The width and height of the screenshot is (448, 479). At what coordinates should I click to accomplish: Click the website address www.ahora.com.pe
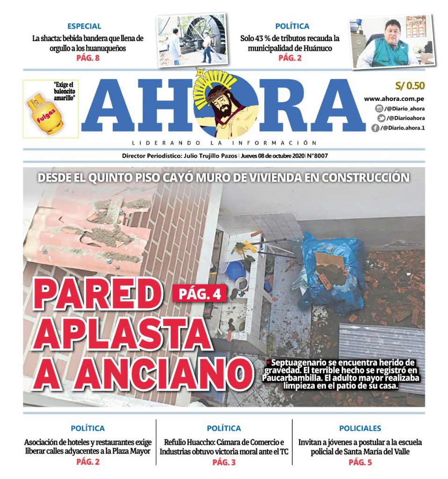tap(394, 99)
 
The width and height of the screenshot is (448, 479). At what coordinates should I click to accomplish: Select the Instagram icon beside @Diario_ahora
tap(379, 109)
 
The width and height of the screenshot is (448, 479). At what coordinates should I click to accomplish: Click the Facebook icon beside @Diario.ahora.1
tap(375, 128)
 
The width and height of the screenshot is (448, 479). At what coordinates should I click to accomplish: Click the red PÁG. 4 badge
tap(200, 293)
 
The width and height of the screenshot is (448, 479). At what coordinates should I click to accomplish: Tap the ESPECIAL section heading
tap(84, 26)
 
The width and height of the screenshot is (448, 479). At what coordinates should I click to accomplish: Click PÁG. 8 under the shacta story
tap(87, 58)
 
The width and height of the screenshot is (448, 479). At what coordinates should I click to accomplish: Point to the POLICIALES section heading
tap(360, 428)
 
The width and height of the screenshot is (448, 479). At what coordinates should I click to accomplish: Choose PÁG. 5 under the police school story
tap(360, 462)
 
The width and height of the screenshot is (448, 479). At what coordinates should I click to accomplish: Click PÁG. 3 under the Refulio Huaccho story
tap(224, 462)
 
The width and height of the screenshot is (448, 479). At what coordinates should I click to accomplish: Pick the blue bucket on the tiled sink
tap(236, 269)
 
